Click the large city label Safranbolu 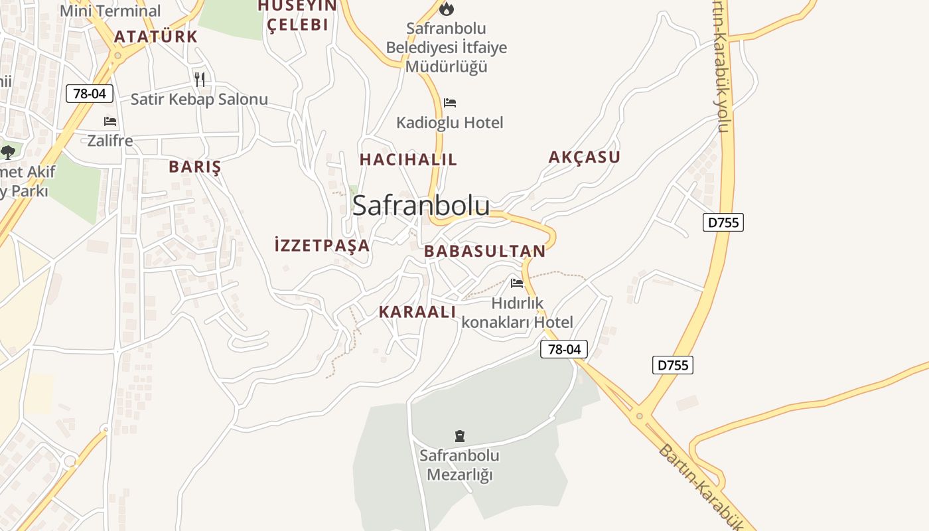pos(421,205)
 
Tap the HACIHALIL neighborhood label pos(408,159)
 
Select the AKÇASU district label pos(584,157)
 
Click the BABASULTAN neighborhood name pos(484,251)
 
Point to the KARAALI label pos(417,312)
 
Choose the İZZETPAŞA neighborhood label pos(322,245)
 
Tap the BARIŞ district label pos(194,167)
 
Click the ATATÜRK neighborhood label pos(156,37)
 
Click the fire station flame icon pos(447,9)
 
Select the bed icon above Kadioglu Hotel pos(450,103)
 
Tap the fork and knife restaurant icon pos(199,79)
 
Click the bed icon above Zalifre pos(110,121)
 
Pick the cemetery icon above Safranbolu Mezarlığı pos(459,436)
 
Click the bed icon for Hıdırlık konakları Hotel pos(517,283)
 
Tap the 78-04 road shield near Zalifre pos(90,94)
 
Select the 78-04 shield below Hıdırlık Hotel pos(563,349)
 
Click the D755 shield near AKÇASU pos(723,222)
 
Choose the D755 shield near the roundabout pos(672,365)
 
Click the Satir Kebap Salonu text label pos(199,100)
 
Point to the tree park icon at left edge pos(7,153)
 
